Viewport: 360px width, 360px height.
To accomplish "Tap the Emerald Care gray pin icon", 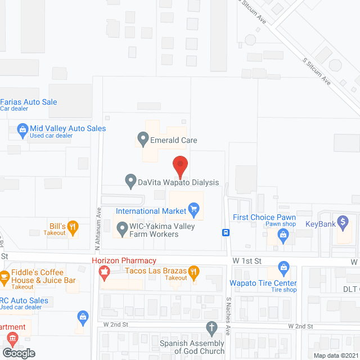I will coord(143,138).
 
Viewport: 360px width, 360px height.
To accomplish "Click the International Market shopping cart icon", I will coord(195,211).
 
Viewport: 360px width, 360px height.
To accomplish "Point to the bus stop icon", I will coord(225,232).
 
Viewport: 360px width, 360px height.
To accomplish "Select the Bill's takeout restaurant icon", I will coord(73,227).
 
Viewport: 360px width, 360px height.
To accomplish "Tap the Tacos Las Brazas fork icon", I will coord(194,272).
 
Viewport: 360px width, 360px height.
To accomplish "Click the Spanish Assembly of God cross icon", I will coord(211,327).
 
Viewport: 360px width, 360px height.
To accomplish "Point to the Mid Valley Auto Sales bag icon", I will coord(22,129).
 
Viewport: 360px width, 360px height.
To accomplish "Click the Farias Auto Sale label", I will coord(29,102).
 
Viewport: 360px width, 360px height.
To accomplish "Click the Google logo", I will coord(18,353).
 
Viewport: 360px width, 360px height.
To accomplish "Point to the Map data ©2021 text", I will coord(335,355).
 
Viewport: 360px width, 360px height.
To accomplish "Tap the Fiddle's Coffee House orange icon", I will coord(4,276).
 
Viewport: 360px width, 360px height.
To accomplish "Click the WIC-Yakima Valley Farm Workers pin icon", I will coord(121,229).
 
